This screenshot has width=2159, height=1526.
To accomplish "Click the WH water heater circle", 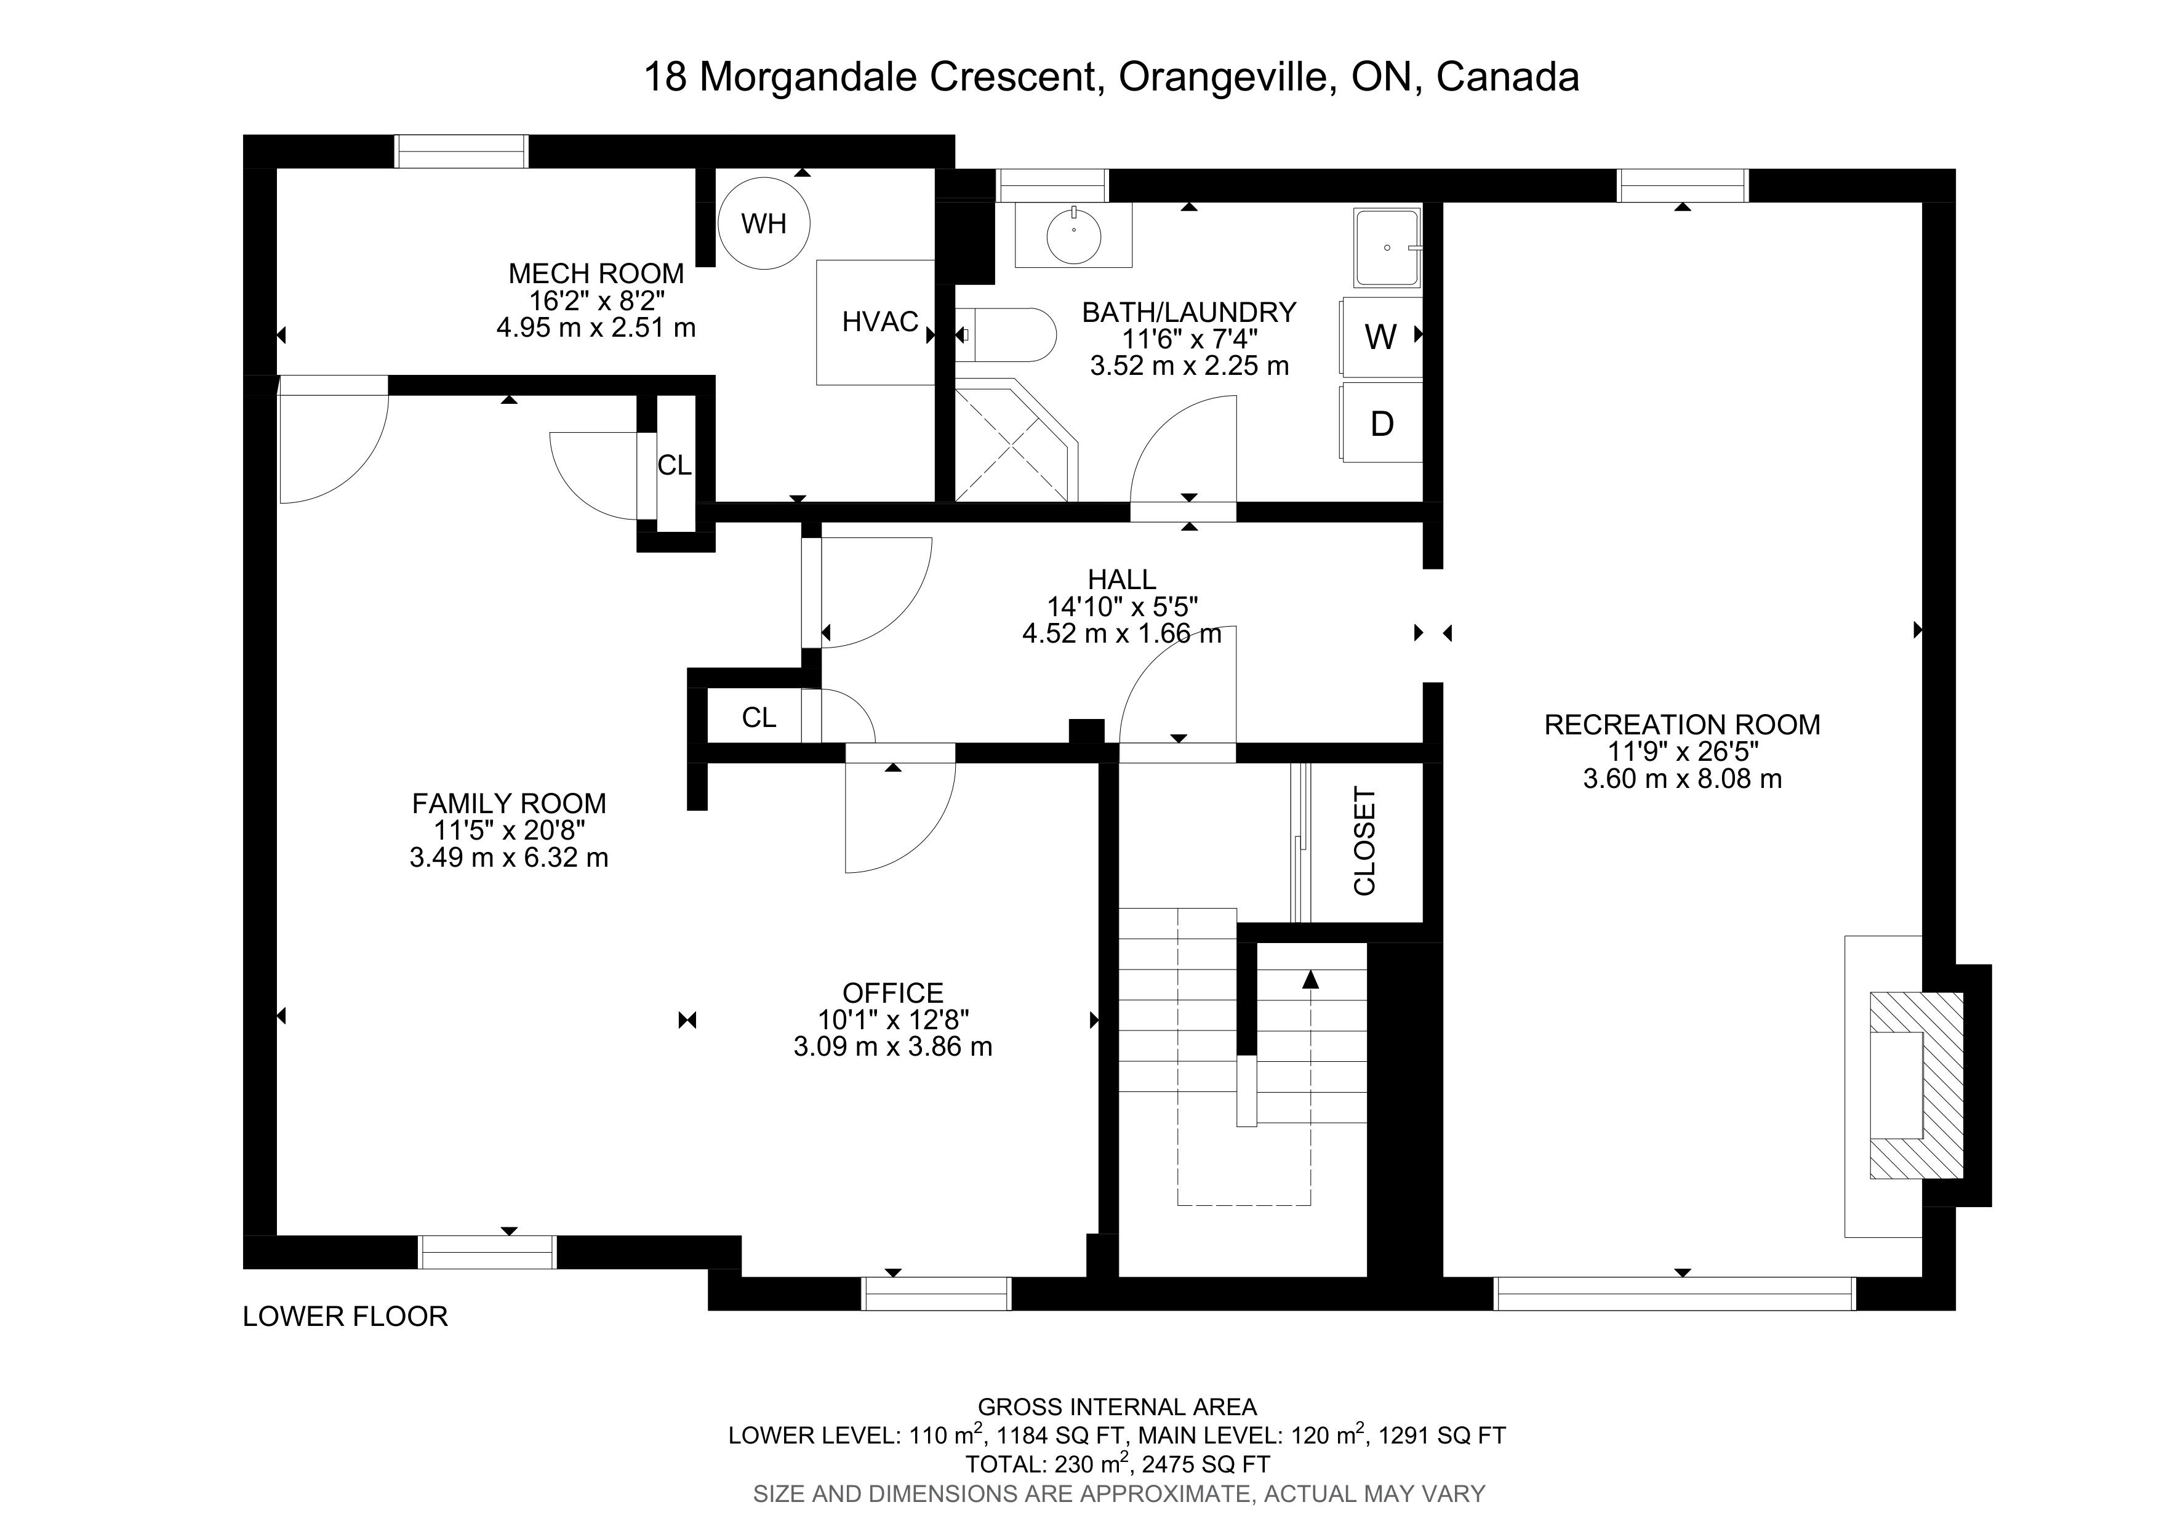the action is click(764, 224).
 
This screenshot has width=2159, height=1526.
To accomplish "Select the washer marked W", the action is click(1381, 337).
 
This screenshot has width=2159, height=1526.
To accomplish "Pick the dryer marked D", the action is click(1381, 423).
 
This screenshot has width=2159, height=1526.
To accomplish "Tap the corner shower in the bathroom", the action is click(1015, 440).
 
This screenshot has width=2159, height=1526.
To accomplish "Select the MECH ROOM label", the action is click(596, 273).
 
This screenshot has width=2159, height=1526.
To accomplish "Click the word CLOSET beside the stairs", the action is click(1364, 841).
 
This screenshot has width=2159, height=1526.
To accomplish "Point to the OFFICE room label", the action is click(892, 993).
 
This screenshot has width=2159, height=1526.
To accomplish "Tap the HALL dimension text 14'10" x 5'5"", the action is click(1123, 606).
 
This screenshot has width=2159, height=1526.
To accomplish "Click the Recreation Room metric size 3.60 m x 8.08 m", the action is click(1682, 779).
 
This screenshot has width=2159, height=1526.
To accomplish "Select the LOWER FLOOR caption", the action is click(345, 1316).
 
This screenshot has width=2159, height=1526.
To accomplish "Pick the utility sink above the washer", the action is click(1387, 248).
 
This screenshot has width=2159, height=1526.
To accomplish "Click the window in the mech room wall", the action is click(461, 151).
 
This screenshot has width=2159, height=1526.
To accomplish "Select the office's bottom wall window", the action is click(937, 1294).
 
